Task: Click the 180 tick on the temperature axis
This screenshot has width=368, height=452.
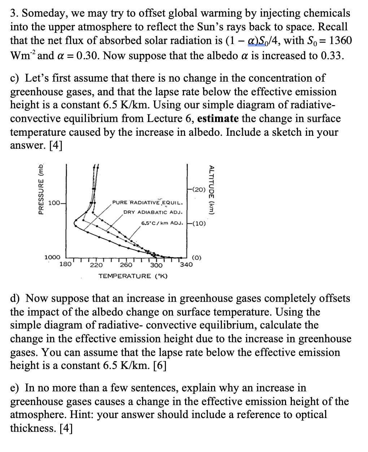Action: (x=65, y=264)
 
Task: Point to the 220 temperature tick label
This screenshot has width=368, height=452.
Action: (x=96, y=265)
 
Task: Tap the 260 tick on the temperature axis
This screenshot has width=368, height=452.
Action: (x=126, y=265)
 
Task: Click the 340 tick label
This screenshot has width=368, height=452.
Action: (x=186, y=265)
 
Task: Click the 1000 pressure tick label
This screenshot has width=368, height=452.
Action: (x=52, y=257)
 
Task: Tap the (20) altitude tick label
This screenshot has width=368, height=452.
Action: (x=199, y=189)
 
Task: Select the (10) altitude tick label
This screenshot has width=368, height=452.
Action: (x=199, y=223)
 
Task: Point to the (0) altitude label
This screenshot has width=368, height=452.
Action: (x=197, y=258)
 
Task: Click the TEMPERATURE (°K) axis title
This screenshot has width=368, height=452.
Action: (x=130, y=276)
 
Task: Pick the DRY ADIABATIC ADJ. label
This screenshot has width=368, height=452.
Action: (x=153, y=212)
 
